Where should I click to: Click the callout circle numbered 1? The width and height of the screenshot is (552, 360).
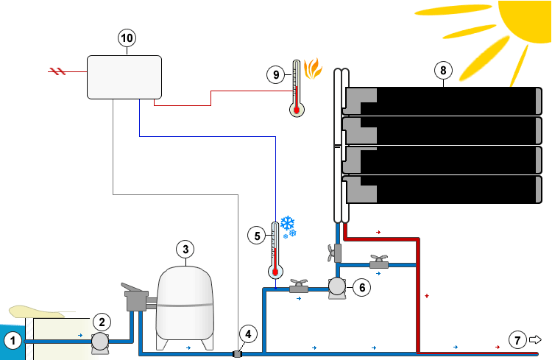click(x=12, y=340)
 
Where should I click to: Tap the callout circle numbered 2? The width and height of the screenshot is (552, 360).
click(x=102, y=321)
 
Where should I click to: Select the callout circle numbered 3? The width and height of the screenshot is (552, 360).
click(x=186, y=249)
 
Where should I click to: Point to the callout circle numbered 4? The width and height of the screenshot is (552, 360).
click(x=249, y=334)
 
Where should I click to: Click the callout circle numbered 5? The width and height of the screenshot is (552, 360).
click(x=257, y=236)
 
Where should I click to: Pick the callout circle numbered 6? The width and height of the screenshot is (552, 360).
click(x=361, y=288)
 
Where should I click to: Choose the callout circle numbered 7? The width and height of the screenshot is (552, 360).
click(x=518, y=340)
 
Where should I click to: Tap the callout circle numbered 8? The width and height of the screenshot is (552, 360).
click(x=442, y=71)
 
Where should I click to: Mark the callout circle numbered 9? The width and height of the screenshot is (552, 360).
click(x=275, y=74)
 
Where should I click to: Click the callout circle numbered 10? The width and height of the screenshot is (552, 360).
click(x=127, y=38)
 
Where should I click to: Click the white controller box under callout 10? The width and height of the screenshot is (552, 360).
click(x=124, y=77)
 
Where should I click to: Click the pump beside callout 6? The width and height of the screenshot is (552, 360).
click(x=337, y=286)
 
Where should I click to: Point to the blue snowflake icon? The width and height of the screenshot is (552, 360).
click(x=287, y=226)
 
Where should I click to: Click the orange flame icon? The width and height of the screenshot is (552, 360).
click(x=313, y=70)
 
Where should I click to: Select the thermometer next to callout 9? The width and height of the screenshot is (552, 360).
click(x=297, y=89)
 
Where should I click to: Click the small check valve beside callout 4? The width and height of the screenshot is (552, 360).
click(x=238, y=354)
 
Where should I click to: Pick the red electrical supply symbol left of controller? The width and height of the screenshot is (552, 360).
click(x=57, y=71)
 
